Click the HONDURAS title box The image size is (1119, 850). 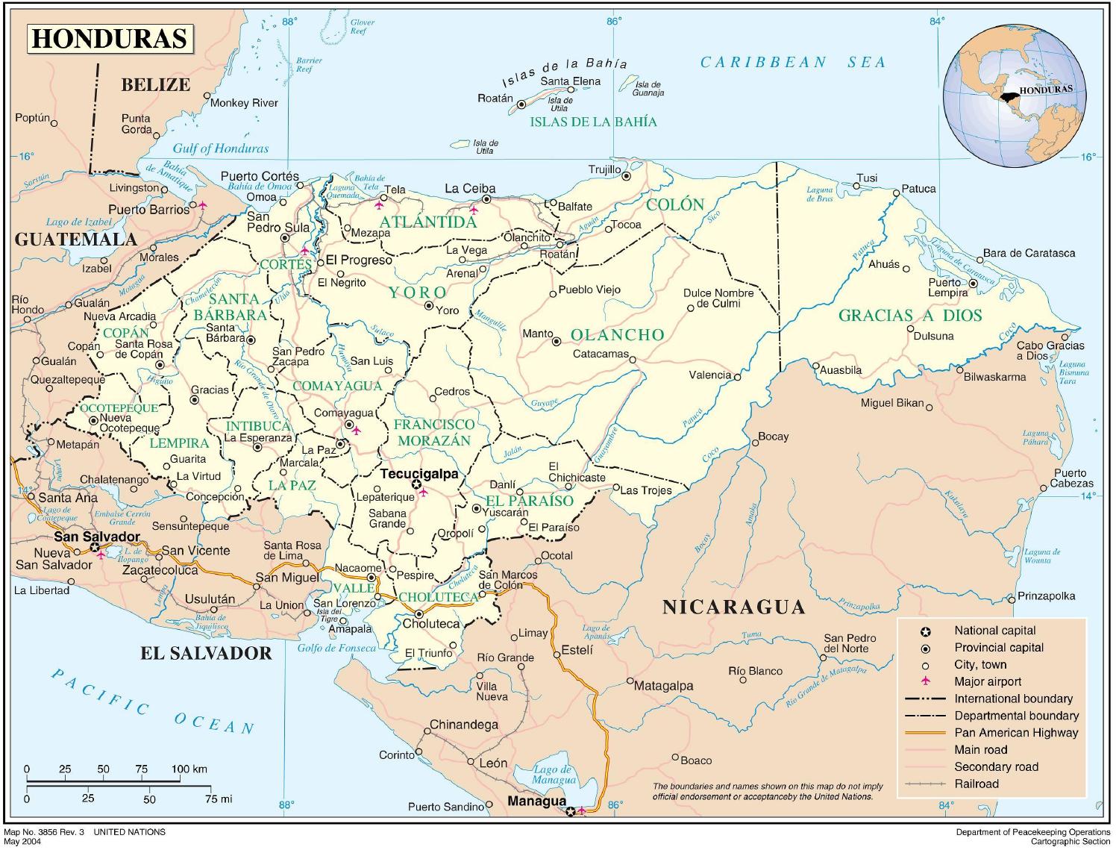point(110,39)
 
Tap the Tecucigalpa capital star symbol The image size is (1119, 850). point(416,484)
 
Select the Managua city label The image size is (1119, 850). point(536,801)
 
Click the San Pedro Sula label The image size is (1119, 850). point(268,222)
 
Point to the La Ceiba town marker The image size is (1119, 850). point(486,199)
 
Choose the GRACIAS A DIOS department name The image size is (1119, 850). point(910,316)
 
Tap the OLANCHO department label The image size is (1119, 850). point(618,335)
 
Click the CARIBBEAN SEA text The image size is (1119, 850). point(792,63)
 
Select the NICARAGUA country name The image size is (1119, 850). point(734,607)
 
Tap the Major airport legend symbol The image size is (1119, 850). point(926,681)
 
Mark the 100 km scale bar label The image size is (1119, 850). point(189,769)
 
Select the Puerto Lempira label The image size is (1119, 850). point(947,287)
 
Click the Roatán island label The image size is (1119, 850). point(495,99)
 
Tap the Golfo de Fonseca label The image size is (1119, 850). point(337,648)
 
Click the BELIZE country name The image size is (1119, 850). point(155,84)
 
